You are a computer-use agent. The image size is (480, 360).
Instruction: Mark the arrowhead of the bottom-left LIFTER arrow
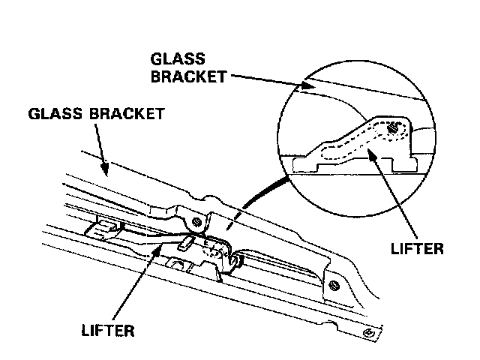point(157,250)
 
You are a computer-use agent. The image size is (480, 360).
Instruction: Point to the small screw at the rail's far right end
point(367,332)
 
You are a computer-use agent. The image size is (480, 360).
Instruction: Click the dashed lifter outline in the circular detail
point(352,146)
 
